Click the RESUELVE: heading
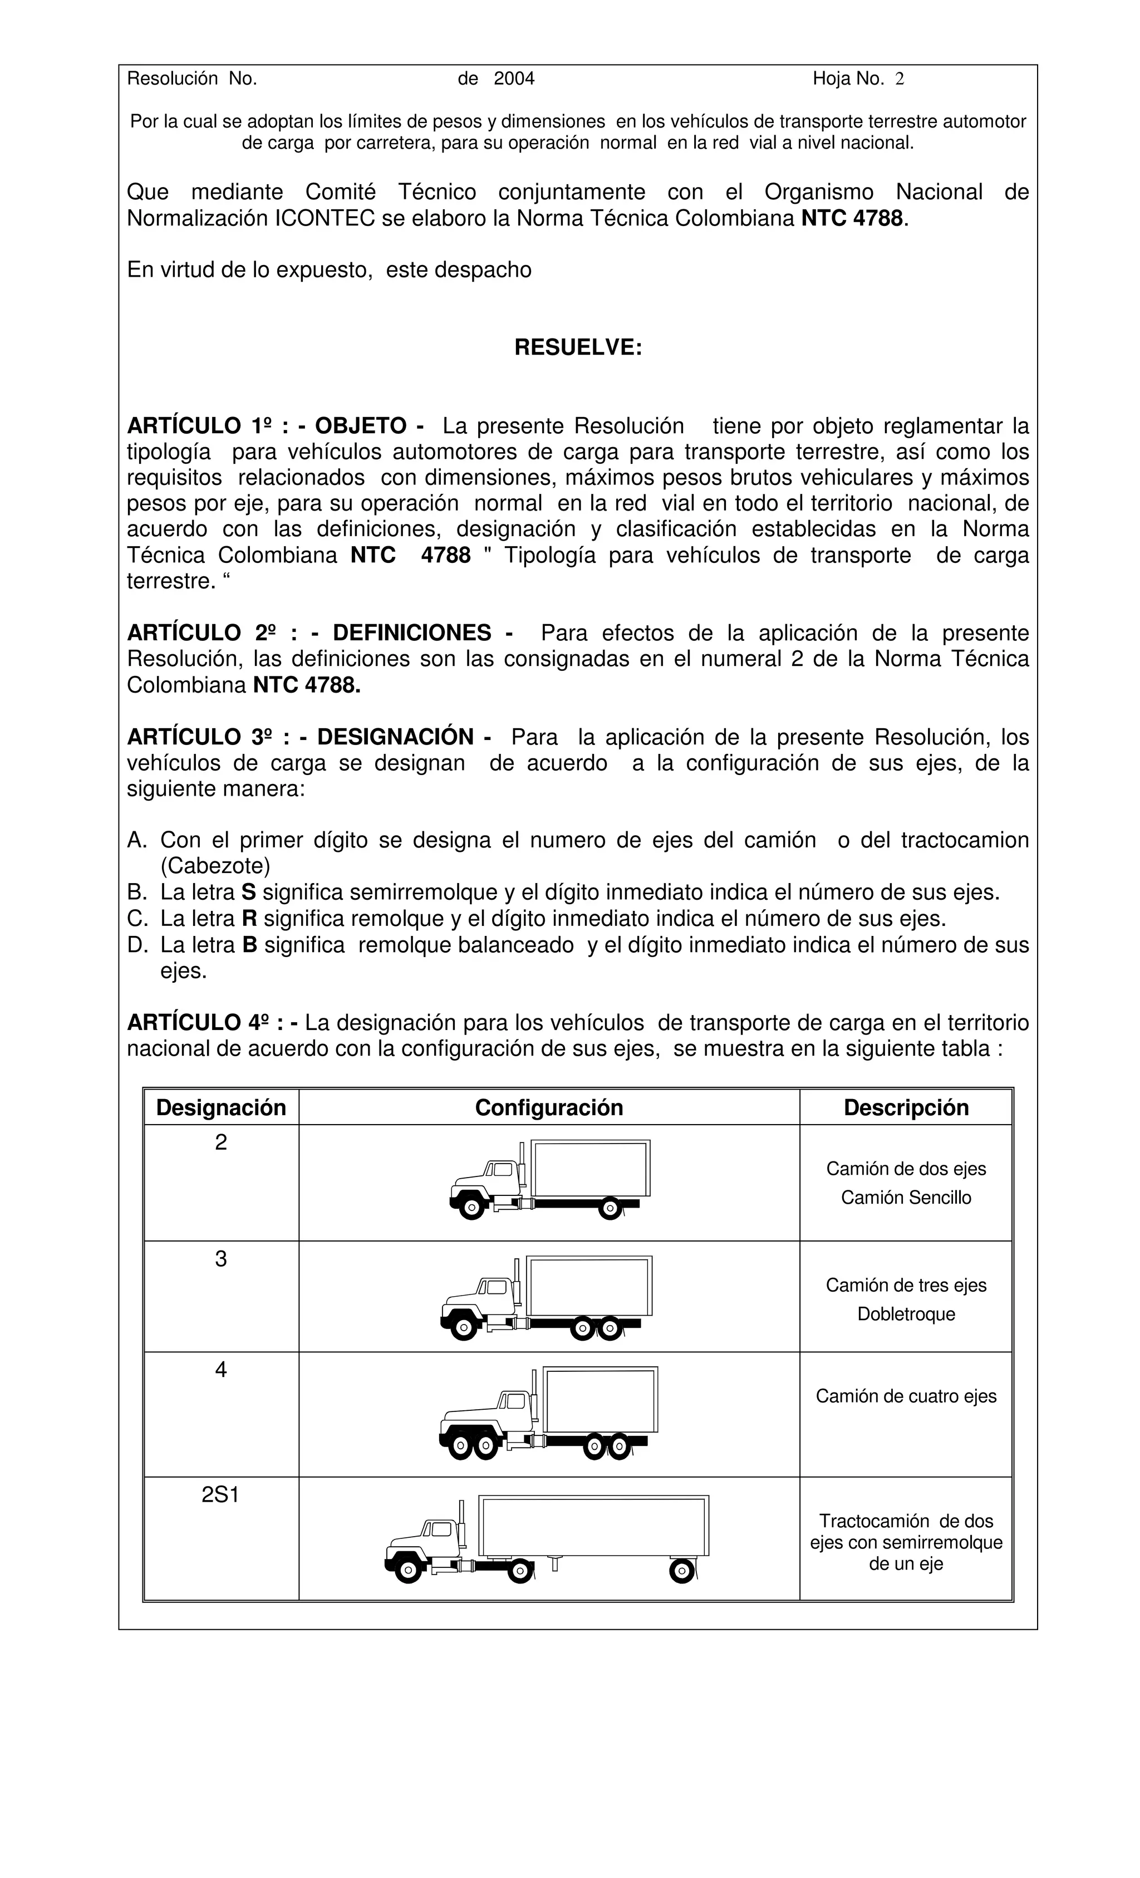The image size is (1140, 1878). (x=578, y=347)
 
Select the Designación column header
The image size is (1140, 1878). (x=221, y=1107)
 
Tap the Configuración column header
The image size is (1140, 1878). (x=549, y=1107)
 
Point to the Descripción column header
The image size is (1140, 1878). (x=905, y=1107)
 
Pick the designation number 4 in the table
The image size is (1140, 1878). (x=220, y=1370)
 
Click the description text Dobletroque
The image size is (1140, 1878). (x=905, y=1314)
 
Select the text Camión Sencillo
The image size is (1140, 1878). (x=905, y=1198)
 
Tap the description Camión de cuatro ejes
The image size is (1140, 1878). (x=905, y=1396)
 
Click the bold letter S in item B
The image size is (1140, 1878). (x=248, y=893)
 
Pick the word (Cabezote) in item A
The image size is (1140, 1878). (x=215, y=866)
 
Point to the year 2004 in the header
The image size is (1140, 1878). (x=514, y=79)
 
